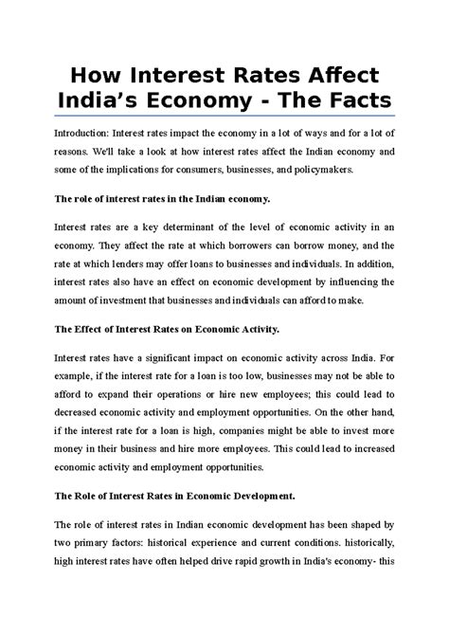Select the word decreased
coord(84,414)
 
